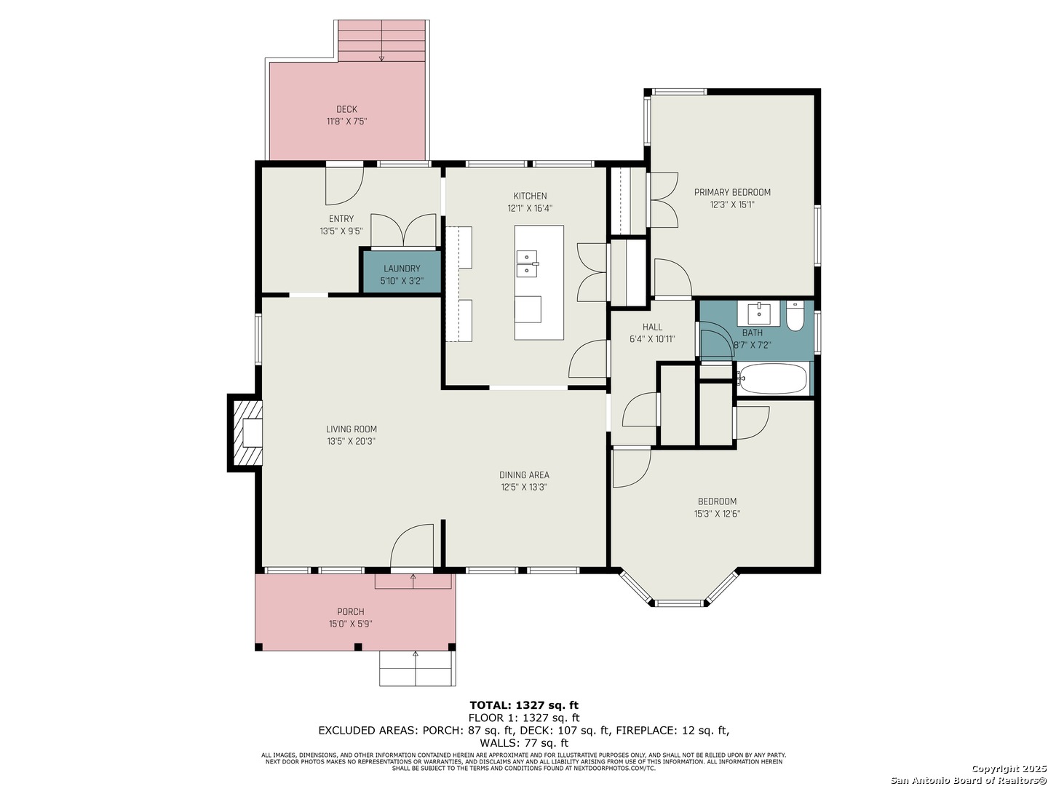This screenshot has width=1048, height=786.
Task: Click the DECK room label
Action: click(346, 109)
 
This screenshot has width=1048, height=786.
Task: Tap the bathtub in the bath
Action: click(772, 379)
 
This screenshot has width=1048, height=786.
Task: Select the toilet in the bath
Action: click(795, 316)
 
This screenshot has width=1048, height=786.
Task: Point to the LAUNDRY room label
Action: click(402, 269)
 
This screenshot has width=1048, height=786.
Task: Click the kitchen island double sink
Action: click(527, 264)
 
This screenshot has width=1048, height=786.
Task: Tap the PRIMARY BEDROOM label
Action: click(732, 192)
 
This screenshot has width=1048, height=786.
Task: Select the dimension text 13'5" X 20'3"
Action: click(351, 442)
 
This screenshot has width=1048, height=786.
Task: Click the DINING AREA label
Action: click(524, 475)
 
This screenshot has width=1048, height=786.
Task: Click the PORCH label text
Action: click(351, 611)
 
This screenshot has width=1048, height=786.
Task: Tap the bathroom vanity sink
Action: click(758, 312)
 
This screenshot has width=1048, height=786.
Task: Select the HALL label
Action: click(651, 327)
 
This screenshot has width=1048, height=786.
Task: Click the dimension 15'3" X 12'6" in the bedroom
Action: click(717, 514)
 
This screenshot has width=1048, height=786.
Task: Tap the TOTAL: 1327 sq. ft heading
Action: click(523, 705)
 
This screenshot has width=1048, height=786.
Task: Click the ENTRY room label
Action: click(341, 218)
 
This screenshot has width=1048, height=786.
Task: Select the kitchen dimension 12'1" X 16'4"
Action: click(530, 208)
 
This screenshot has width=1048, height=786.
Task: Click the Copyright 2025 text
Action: click(1008, 769)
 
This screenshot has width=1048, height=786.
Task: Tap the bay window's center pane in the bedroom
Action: click(678, 603)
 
